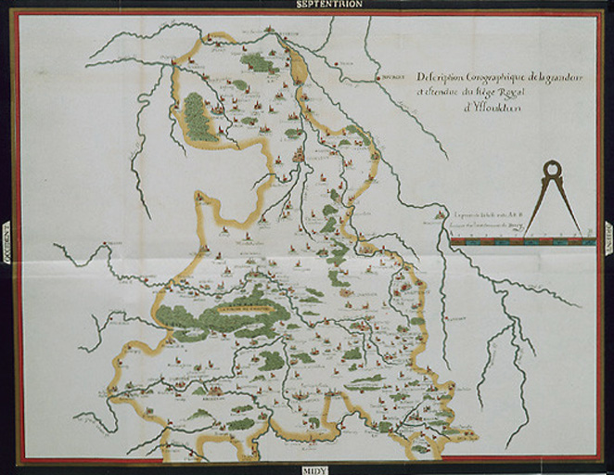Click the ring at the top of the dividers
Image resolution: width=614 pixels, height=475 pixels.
tap(551, 169)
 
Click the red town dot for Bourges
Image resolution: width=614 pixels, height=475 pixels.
tap(379, 78)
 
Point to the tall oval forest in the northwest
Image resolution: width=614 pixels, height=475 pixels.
tap(197, 117)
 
